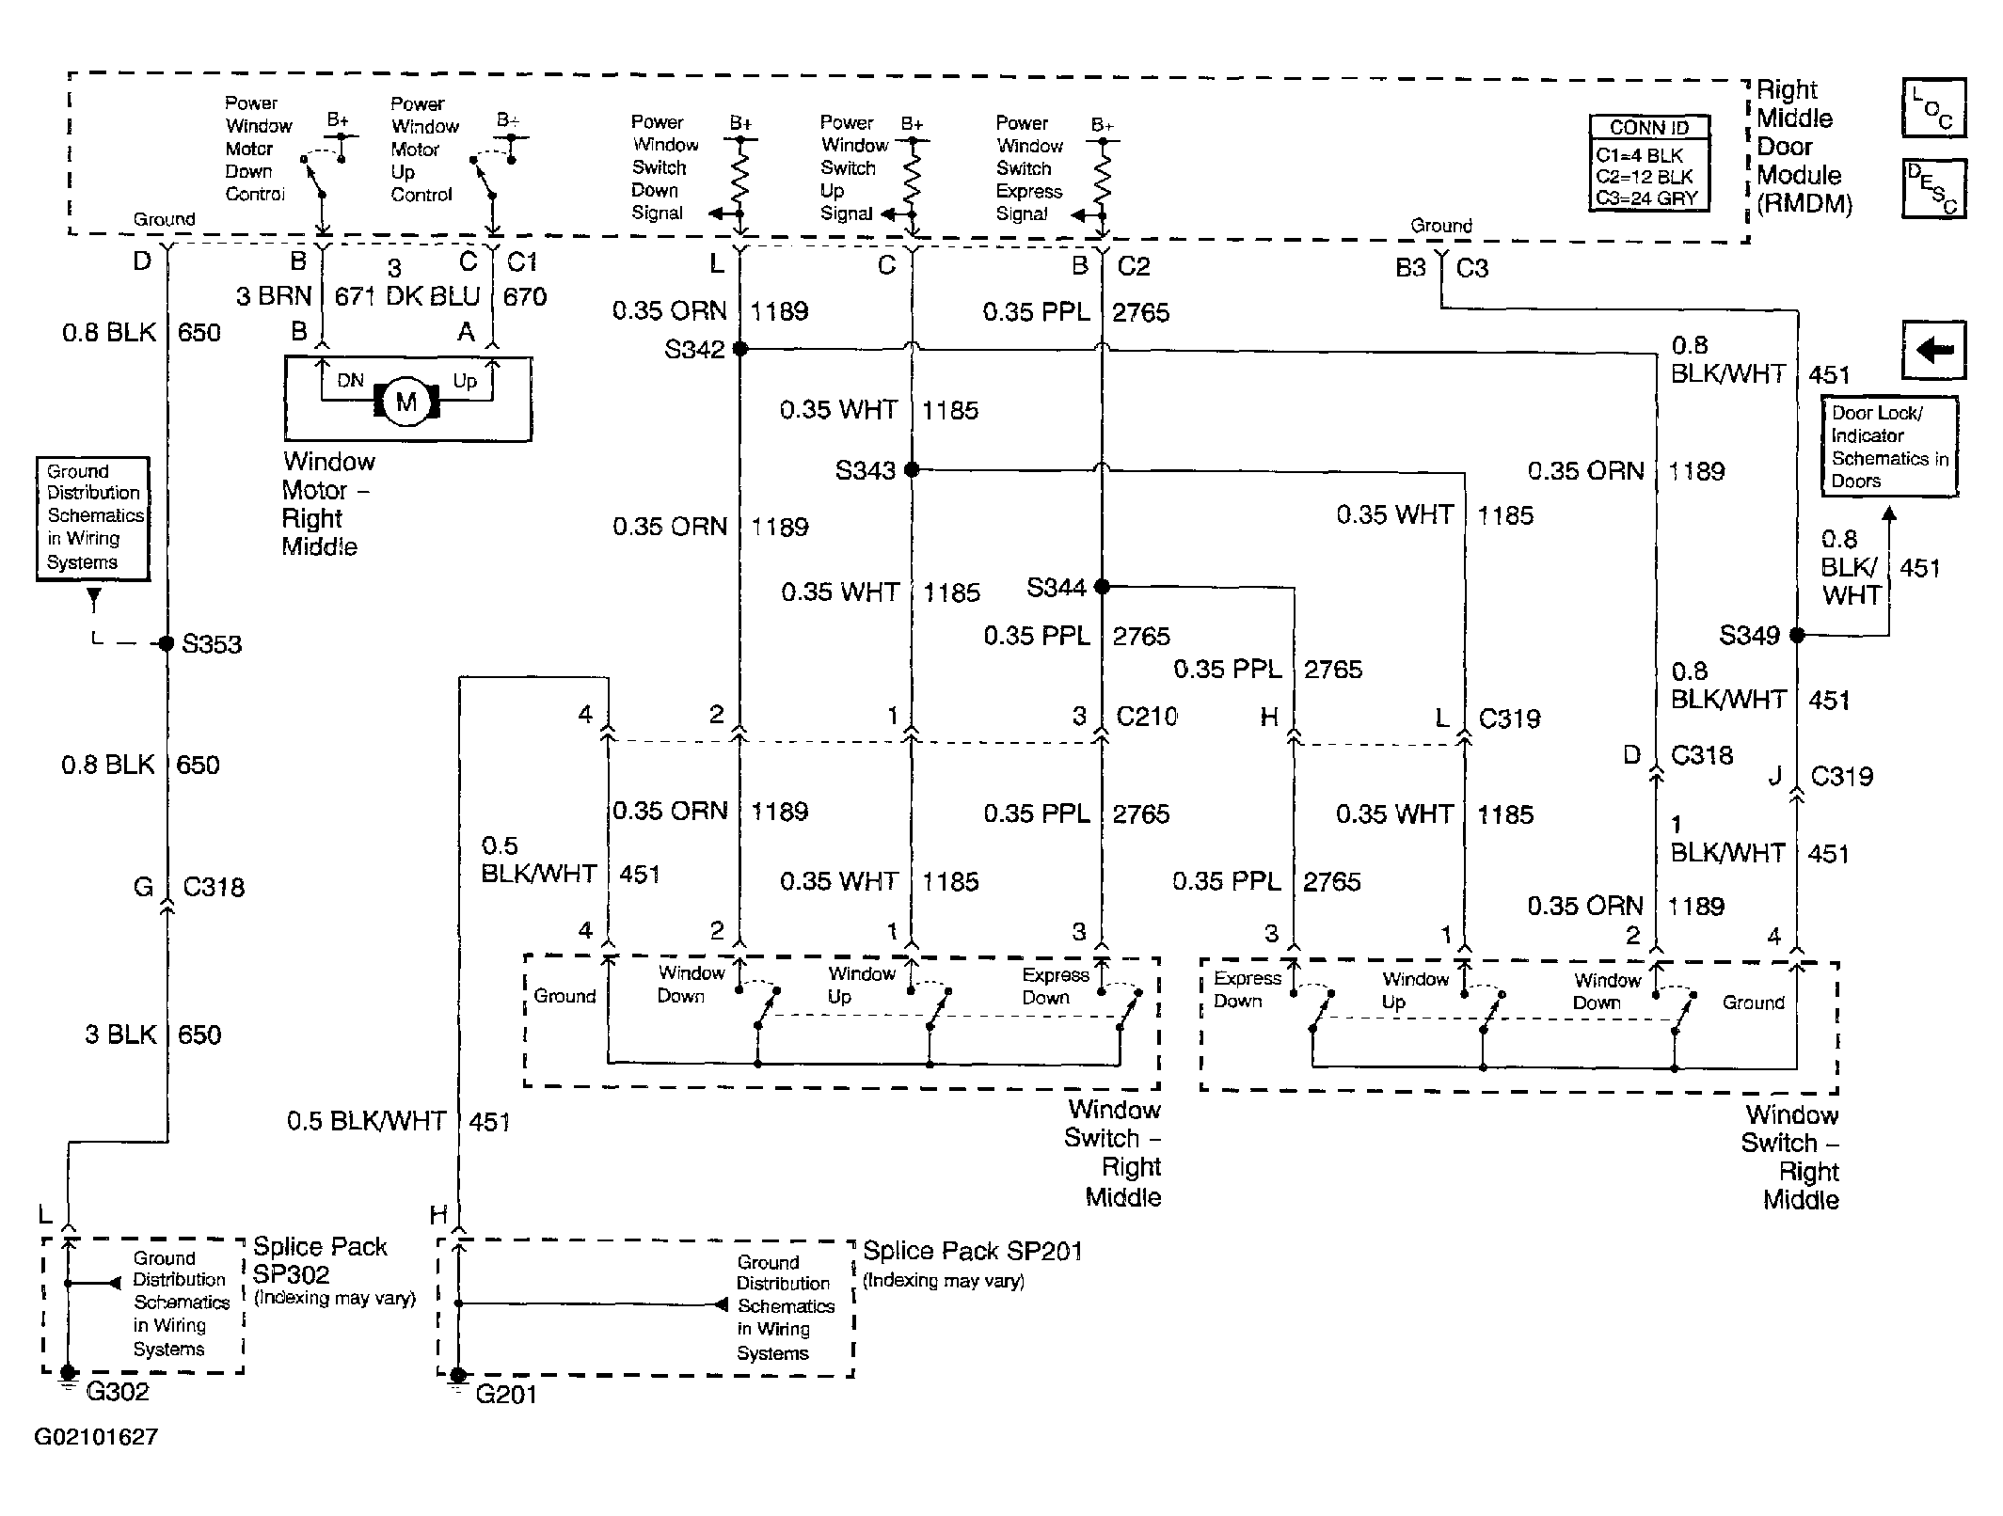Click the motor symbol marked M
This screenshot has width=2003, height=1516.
[x=406, y=403]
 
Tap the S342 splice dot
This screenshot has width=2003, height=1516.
[x=740, y=349]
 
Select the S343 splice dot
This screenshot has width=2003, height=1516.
[x=911, y=469]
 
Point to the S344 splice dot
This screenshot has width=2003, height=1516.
[x=1102, y=587]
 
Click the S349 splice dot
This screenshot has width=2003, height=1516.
[x=1797, y=636]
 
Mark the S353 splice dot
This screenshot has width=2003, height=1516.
[x=167, y=644]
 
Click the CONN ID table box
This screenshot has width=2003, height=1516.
[x=1649, y=163]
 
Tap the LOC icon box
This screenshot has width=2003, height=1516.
[x=1933, y=108]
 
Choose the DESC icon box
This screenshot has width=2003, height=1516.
[x=1933, y=188]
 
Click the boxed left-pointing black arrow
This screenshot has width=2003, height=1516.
[x=1934, y=350]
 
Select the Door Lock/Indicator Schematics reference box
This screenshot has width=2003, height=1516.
[x=1889, y=447]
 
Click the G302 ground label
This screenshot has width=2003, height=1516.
[x=118, y=1391]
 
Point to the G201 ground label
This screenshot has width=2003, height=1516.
[x=505, y=1394]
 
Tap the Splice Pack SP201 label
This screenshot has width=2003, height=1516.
[x=973, y=1251]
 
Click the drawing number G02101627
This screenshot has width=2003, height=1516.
[x=96, y=1437]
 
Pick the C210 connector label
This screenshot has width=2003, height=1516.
[x=1146, y=717]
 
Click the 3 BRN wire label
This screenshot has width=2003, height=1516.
[x=274, y=296]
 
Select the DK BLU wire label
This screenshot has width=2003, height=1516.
[x=433, y=296]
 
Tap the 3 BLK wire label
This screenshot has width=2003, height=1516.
[x=120, y=1034]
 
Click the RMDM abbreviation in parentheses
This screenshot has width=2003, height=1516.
[x=1804, y=204]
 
